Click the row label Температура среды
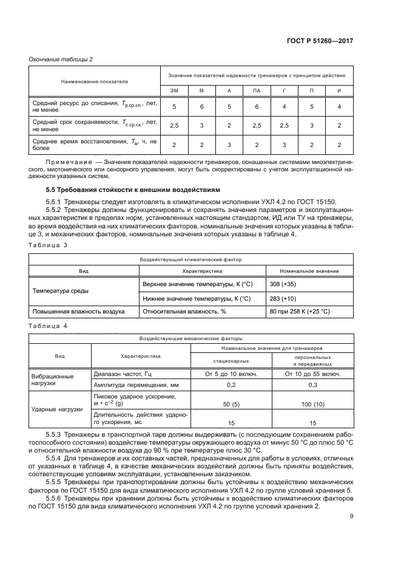(x=56, y=291)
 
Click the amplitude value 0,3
(x=312, y=385)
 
